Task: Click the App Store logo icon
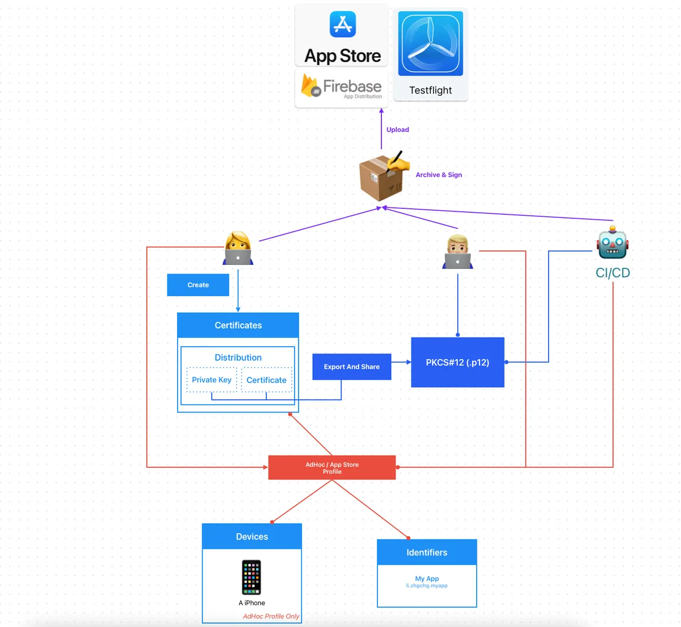click(343, 24)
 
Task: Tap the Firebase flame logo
click(310, 86)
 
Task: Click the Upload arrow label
click(397, 130)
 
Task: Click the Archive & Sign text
click(439, 175)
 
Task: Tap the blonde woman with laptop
click(238, 249)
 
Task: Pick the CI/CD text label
click(612, 273)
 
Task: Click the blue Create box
click(198, 285)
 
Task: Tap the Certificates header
click(238, 325)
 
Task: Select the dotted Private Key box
click(212, 380)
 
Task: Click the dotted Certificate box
click(266, 380)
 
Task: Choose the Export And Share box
click(352, 367)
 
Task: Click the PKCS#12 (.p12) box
click(457, 363)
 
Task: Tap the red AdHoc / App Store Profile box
click(332, 468)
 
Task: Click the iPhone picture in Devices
click(251, 577)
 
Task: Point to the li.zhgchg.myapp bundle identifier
click(427, 586)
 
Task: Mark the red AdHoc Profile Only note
click(271, 616)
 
